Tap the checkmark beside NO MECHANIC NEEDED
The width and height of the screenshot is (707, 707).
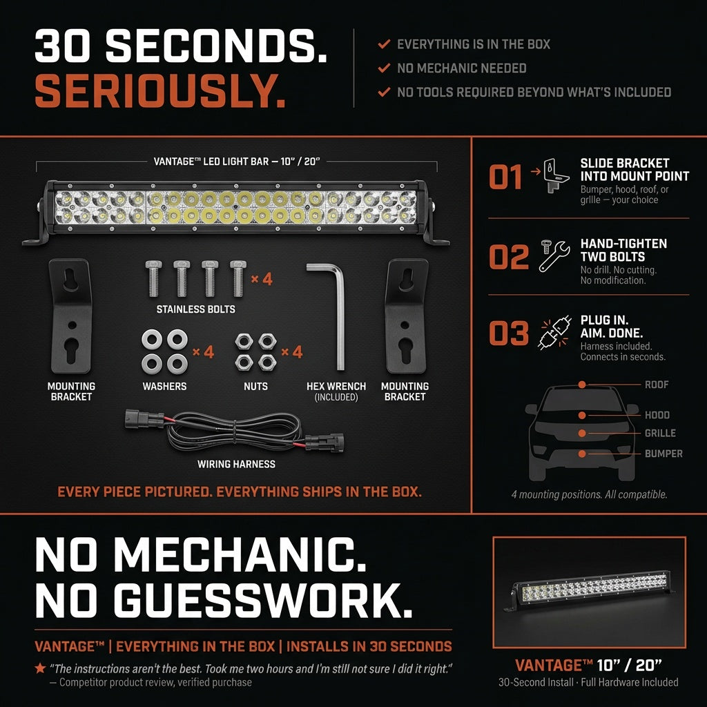click(x=384, y=68)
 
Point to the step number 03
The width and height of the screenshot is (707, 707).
click(x=509, y=333)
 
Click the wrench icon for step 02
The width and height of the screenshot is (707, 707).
click(x=554, y=255)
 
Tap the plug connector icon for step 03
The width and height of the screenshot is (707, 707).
click(x=555, y=332)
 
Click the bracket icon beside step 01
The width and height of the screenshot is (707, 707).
click(x=556, y=175)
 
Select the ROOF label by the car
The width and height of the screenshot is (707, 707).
click(x=657, y=385)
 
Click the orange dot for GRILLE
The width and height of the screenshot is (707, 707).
click(x=582, y=433)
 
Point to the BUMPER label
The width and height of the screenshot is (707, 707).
click(x=664, y=454)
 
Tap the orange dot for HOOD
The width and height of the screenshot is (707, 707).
click(x=582, y=415)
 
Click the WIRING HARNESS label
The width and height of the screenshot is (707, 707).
click(x=236, y=464)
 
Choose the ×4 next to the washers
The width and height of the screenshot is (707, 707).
click(x=204, y=351)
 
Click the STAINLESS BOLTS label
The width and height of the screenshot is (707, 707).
click(x=195, y=309)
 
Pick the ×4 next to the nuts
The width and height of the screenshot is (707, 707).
click(x=292, y=351)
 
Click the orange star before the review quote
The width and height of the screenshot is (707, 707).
click(x=40, y=668)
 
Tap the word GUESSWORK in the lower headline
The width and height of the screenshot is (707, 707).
click(x=263, y=600)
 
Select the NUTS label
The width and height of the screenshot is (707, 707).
click(x=255, y=387)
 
